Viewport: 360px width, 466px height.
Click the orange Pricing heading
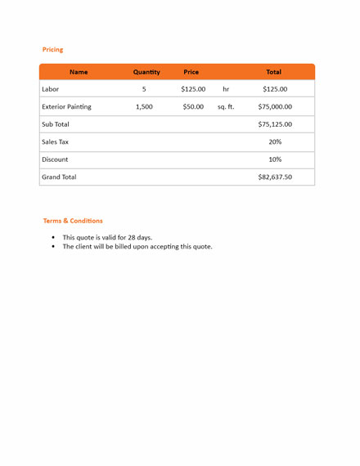coord(52,50)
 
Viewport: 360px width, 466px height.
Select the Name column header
coord(79,72)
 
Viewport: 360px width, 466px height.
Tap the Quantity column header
coord(146,72)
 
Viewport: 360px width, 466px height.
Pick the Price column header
coord(191,72)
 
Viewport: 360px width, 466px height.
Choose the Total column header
coord(273,72)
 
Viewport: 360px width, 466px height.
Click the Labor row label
coord(51,89)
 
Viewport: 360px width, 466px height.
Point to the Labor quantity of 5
coord(144,89)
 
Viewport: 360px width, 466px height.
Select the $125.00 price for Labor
coord(193,89)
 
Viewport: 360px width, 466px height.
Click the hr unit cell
coord(226,89)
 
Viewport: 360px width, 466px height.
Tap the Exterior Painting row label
coord(66,106)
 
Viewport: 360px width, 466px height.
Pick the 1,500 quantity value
coord(144,106)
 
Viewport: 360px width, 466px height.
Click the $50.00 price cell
coord(193,106)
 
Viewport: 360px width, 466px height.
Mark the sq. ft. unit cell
coord(226,106)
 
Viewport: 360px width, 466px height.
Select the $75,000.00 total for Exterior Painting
coord(275,106)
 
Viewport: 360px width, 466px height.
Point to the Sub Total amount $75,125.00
coord(275,124)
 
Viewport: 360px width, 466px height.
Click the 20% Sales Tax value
coord(275,141)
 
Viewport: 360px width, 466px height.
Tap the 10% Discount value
coord(275,159)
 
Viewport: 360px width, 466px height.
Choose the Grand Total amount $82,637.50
coord(275,177)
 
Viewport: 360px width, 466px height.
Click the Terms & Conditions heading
coord(73,221)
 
